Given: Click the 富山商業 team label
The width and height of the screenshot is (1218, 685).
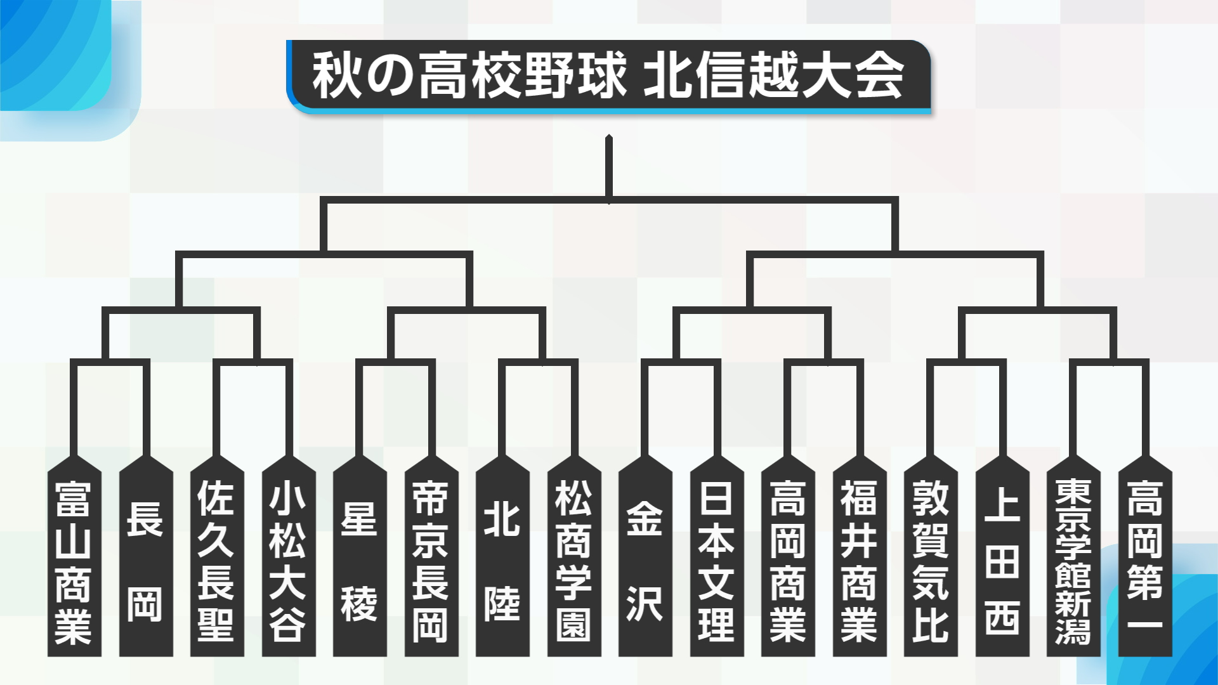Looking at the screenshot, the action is click(74, 561).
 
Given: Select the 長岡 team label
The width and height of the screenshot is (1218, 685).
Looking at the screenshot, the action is click(146, 561).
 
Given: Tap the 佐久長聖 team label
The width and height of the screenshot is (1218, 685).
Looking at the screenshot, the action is click(217, 561).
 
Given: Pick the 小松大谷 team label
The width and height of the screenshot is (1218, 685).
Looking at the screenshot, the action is click(289, 561).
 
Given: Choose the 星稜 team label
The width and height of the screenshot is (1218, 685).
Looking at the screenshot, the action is click(360, 561).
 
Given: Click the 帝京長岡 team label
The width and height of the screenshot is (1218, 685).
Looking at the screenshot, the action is click(431, 561).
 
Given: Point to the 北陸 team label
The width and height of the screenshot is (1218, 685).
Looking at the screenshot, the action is click(502, 561).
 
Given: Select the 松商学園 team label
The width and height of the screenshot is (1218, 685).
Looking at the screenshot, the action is click(574, 561).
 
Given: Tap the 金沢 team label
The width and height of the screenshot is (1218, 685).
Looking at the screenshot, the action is click(645, 561).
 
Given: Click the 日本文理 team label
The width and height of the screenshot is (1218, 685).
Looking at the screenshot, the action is click(717, 561).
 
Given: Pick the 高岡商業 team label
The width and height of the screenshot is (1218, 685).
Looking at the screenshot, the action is click(788, 561).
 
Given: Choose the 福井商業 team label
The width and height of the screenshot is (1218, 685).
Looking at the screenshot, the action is click(860, 561).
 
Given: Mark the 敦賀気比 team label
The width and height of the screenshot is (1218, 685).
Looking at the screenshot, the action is click(931, 561).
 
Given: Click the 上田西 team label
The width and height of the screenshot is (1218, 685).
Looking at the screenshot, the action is click(1002, 561).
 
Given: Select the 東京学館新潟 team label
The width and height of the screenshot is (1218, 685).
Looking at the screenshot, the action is click(1073, 561).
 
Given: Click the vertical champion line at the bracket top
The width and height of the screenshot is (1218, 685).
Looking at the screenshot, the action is click(609, 169).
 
